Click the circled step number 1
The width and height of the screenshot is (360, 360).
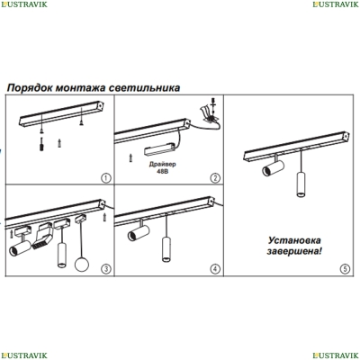pos(105,178)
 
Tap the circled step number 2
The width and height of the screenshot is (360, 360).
pos(215,178)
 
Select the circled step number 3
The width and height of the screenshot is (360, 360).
pos(105,269)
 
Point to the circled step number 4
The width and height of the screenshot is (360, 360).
pos(215,269)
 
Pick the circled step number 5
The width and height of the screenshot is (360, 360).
pos(345,268)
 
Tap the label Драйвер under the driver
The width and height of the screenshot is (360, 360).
pos(163,165)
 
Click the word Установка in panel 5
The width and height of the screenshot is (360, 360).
pos(294,240)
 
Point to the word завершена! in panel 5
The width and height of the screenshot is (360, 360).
pos(294,251)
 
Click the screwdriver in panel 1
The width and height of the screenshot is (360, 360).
pos(41,144)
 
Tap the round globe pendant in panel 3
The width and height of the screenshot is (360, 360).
pos(82,263)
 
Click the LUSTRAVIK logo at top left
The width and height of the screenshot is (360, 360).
pos(24,4)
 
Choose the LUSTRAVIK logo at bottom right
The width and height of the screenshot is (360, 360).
pos(336,355)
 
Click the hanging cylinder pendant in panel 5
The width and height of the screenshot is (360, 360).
pos(301,184)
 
